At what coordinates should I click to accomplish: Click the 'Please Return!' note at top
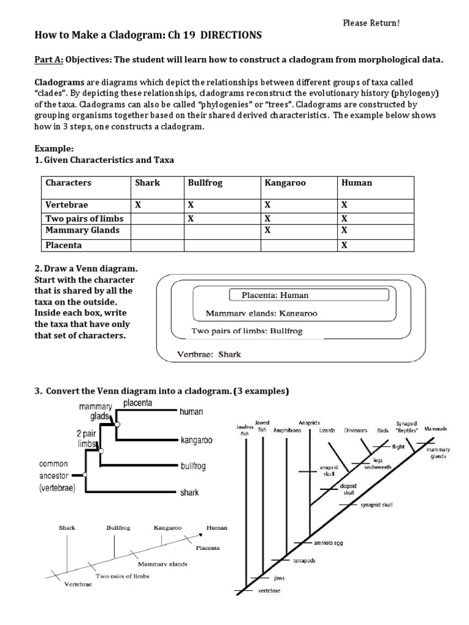coord(371,23)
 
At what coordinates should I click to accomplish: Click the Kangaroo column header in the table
coord(285,182)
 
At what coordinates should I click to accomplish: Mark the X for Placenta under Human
coord(344,245)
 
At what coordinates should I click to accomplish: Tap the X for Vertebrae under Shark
coord(137,205)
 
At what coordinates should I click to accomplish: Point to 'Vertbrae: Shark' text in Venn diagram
coord(209,353)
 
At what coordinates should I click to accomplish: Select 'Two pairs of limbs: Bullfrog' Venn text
coord(247,331)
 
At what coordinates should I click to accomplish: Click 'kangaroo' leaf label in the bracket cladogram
coord(196,439)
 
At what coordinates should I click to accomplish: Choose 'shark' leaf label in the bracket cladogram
coord(189,493)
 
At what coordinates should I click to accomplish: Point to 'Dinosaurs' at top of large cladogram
coord(355,430)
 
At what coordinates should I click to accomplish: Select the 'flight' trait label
coord(398,447)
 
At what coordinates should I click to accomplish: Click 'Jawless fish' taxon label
coord(245,430)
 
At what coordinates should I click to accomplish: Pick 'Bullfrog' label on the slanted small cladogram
coord(118,527)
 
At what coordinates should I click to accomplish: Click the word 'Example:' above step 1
coord(53,148)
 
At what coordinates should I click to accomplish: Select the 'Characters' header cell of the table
coord(68,182)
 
